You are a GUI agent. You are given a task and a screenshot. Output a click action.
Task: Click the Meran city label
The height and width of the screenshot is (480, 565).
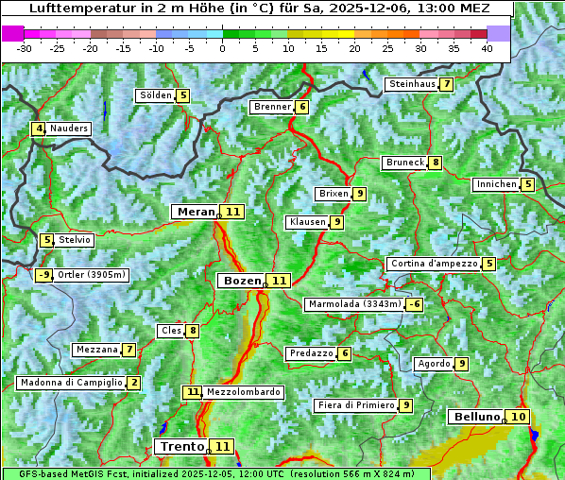point(196,212)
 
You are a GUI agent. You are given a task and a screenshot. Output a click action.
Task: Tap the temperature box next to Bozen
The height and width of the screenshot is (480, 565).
point(279,281)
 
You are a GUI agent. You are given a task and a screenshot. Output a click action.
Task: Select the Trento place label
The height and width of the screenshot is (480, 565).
point(181,446)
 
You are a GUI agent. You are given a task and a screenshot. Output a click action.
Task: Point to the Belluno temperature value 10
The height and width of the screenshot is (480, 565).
point(517,417)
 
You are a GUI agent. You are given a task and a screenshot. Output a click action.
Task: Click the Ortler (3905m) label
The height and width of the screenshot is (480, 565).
point(91,275)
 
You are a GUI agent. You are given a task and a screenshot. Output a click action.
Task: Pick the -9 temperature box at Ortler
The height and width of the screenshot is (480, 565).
point(43,275)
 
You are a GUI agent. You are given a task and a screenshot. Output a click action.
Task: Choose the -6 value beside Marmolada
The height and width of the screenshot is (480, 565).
point(415,304)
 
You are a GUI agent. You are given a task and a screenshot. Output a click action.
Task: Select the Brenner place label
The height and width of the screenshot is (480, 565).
point(272,107)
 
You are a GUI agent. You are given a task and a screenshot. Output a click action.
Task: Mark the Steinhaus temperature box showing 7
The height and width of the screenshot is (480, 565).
point(446,84)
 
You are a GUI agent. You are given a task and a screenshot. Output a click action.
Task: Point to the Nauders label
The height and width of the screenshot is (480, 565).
point(69,129)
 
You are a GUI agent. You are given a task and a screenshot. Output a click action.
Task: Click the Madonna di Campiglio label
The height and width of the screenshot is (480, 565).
point(71,383)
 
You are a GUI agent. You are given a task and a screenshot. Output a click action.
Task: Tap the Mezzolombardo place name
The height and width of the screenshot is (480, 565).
point(243,391)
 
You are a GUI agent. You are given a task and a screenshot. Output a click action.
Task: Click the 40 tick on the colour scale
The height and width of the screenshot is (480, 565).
point(487,48)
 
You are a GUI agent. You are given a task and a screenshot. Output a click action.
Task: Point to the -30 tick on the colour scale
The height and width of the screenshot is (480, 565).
point(25,48)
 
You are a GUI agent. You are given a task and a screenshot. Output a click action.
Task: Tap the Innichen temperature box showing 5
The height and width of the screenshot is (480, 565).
point(528,184)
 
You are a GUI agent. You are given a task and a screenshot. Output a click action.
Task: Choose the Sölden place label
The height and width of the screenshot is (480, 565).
point(155,95)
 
